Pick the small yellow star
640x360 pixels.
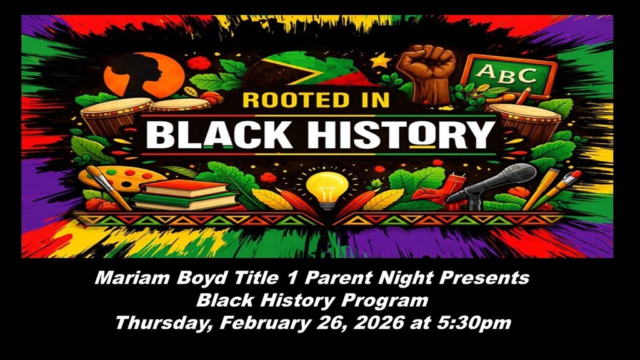point(380,61)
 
